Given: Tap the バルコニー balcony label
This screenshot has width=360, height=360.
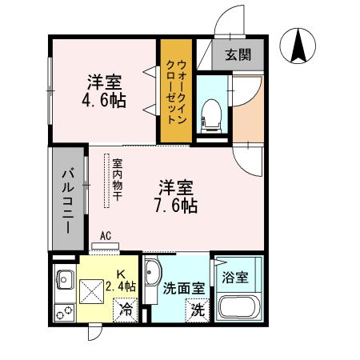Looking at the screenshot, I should click(x=68, y=197).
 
